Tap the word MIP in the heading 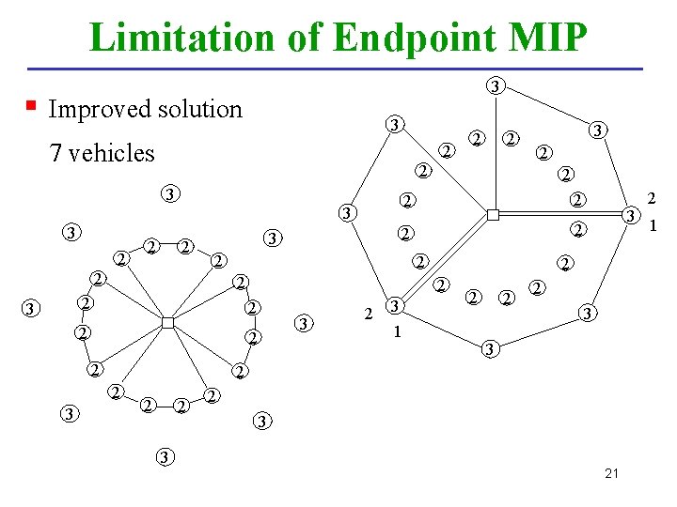(x=546, y=38)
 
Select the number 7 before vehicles (x=55, y=153)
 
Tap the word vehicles (x=111, y=153)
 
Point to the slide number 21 (x=612, y=473)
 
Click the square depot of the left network (x=166, y=323)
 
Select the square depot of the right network (x=492, y=216)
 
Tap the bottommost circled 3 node (x=165, y=457)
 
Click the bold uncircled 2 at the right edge (x=651, y=198)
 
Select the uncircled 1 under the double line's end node (x=397, y=330)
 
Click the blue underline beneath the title (x=338, y=69)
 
